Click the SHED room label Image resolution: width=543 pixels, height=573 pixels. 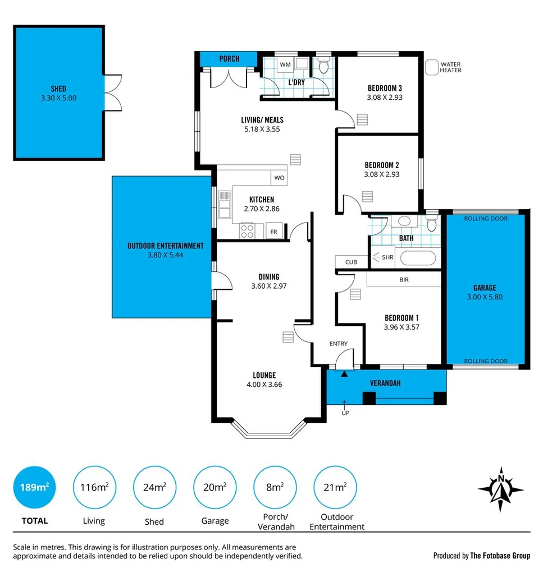(x=58, y=89)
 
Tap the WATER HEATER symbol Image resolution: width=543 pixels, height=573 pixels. (x=431, y=68)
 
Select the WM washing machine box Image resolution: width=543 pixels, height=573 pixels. (x=285, y=64)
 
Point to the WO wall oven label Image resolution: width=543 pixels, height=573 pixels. (x=279, y=178)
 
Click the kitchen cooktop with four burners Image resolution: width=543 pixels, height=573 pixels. (x=248, y=230)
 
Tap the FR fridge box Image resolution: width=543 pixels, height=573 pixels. (x=273, y=232)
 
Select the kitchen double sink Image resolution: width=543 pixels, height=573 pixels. (x=225, y=205)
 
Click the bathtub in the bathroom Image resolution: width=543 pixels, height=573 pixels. (x=418, y=258)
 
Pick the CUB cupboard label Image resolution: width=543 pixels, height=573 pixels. (x=351, y=262)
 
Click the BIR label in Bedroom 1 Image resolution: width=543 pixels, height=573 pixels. (x=404, y=279)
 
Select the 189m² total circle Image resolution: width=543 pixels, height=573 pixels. (x=34, y=487)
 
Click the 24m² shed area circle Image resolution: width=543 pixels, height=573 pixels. (x=154, y=487)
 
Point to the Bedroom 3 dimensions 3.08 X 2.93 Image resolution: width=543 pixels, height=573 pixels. (x=385, y=97)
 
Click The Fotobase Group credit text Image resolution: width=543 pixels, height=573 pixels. (x=500, y=556)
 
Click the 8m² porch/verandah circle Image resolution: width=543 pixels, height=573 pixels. (x=275, y=487)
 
